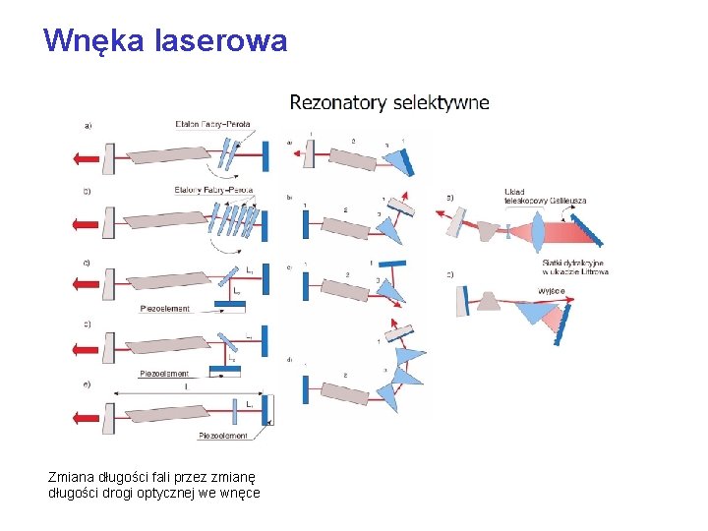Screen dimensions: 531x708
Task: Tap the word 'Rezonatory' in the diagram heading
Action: tap(337, 101)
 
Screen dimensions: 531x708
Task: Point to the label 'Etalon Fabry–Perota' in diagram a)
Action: tap(213, 124)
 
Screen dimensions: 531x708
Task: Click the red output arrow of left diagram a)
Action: tap(86, 155)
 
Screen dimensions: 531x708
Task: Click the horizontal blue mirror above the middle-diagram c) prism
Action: tap(390, 263)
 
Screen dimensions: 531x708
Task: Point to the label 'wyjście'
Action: tap(552, 291)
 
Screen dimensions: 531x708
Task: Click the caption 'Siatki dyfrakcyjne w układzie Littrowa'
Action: tap(575, 267)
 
